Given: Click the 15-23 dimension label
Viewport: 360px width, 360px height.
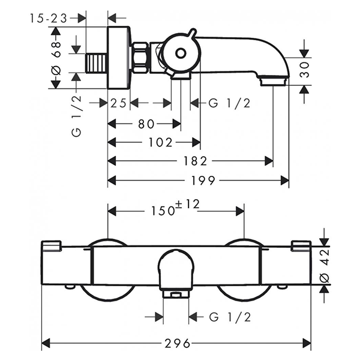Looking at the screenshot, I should tap(49, 18).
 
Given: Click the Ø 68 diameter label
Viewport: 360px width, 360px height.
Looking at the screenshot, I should tap(57, 62).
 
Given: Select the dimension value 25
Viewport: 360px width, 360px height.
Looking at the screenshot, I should tap(119, 104).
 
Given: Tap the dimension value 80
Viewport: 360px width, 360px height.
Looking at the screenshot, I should tap(146, 124).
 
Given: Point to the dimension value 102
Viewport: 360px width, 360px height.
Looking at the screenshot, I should tap(160, 143).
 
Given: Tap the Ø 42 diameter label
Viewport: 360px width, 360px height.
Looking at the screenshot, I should tap(325, 265).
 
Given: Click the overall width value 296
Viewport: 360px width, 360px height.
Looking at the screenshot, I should tap(177, 344).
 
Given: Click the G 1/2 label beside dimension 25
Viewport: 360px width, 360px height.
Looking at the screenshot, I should tap(229, 104).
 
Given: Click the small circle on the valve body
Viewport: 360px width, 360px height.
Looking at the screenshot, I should tap(180, 53).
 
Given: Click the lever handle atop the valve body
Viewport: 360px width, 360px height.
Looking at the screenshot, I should tap(191, 33).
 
